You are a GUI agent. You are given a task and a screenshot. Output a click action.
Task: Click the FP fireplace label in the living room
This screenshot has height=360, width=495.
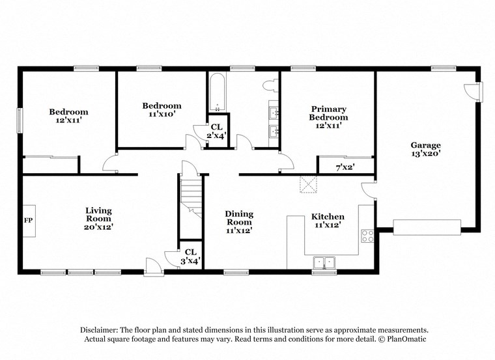click(x=28, y=221)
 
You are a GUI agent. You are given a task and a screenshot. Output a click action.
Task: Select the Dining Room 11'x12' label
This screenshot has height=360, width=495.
click(x=239, y=221)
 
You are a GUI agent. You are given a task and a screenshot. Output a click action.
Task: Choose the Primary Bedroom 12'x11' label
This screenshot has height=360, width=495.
click(x=328, y=118)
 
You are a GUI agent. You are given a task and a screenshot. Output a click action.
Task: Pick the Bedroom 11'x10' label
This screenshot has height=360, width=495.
click(x=162, y=109)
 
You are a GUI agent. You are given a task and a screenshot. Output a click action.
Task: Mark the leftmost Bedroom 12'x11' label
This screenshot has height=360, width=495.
click(x=69, y=116)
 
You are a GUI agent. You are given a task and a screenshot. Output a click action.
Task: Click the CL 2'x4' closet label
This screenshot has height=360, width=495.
click(x=216, y=131)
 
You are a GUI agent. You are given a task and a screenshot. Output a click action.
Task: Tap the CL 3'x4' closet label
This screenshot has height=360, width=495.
click(x=190, y=256)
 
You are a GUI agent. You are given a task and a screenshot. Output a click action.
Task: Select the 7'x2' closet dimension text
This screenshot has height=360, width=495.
click(x=345, y=168)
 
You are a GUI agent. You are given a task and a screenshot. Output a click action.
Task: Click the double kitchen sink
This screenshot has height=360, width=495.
click(x=324, y=262)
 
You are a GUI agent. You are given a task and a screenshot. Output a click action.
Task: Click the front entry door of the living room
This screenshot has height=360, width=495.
click(x=154, y=265)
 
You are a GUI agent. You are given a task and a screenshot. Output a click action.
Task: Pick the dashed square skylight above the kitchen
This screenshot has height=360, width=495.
click(x=307, y=184)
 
